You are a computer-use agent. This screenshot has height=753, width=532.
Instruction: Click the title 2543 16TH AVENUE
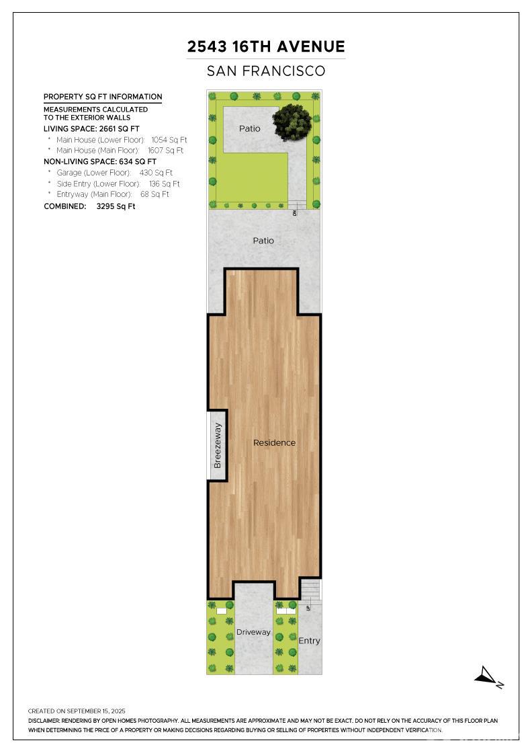[x=266, y=46]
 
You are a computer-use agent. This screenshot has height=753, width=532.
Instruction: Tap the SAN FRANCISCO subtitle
[x=266, y=71]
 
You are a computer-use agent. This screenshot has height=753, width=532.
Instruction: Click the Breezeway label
[x=218, y=445]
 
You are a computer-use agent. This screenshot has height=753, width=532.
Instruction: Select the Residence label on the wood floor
[x=274, y=443]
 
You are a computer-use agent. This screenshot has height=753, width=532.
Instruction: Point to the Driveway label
[x=253, y=632]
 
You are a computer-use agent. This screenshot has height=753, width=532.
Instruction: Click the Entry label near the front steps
[x=309, y=641]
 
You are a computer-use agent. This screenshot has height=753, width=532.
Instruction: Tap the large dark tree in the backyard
[x=292, y=120]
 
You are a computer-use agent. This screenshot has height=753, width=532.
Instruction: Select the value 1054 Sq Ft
[x=169, y=140]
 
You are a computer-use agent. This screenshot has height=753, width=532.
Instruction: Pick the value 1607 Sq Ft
[x=165, y=151]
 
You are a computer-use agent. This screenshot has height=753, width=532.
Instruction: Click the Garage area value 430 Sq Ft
[x=156, y=172]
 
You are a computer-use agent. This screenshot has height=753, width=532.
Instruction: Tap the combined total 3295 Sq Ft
[x=116, y=206]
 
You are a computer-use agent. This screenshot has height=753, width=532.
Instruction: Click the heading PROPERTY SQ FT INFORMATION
[x=103, y=97]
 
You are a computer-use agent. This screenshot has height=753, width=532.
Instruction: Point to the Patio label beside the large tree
[x=250, y=128]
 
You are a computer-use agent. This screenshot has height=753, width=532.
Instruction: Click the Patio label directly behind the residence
[x=263, y=241]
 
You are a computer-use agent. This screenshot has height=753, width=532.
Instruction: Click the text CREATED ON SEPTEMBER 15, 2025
[x=77, y=711]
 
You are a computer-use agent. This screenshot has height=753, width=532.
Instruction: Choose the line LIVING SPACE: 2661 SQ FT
[x=91, y=128]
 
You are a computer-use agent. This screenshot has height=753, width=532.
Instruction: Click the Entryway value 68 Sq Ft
[x=154, y=194]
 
